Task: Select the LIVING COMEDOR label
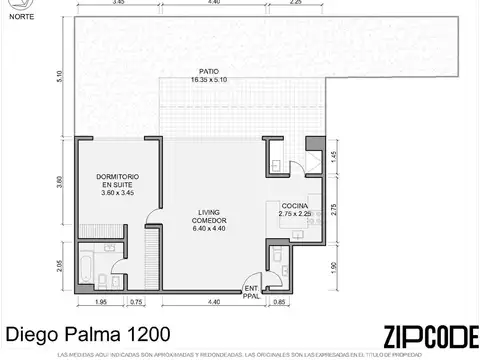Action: click(x=210, y=218)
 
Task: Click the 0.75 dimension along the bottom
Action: click(x=137, y=302)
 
